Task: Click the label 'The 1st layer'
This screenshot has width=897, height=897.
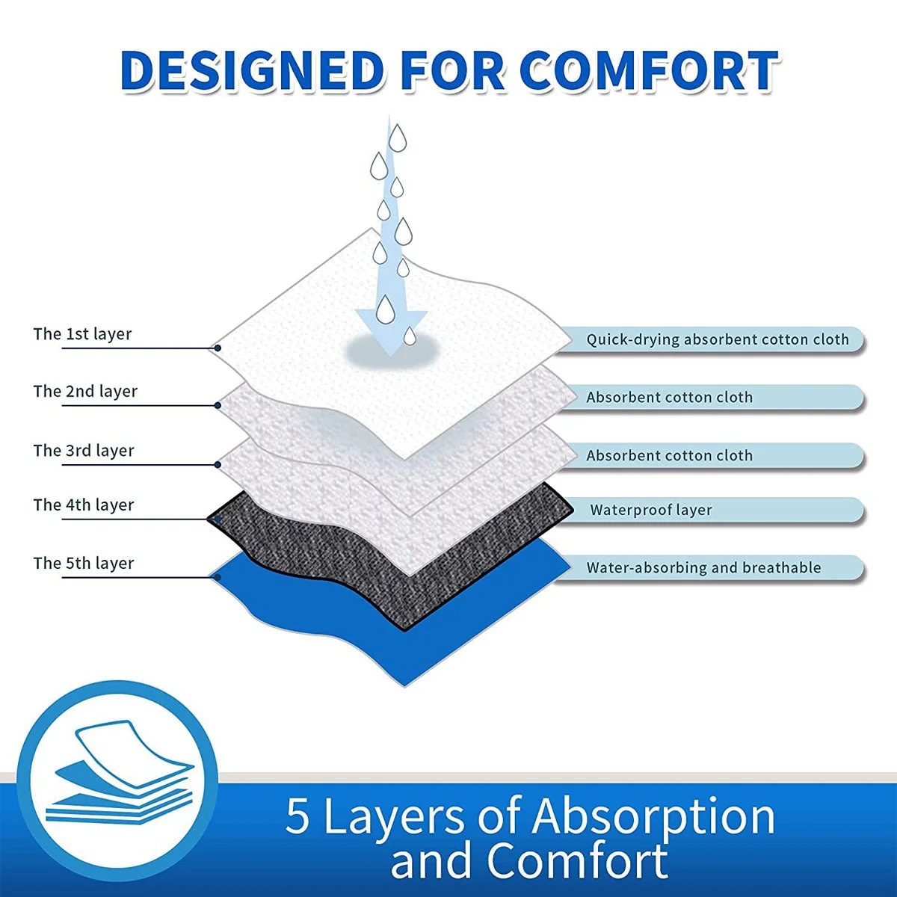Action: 82,334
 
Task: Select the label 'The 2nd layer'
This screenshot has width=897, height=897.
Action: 85,392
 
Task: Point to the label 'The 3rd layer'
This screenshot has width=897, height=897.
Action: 84,451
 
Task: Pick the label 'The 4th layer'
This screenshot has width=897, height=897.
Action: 84,505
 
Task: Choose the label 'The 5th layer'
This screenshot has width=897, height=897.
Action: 84,564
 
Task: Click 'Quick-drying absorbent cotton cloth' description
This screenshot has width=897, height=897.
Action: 717,340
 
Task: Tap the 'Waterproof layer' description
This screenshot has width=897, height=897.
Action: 650,511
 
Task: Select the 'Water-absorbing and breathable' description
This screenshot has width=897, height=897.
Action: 703,568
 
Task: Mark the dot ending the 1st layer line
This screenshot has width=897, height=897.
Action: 217,348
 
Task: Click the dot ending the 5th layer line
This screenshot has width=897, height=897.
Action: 217,576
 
